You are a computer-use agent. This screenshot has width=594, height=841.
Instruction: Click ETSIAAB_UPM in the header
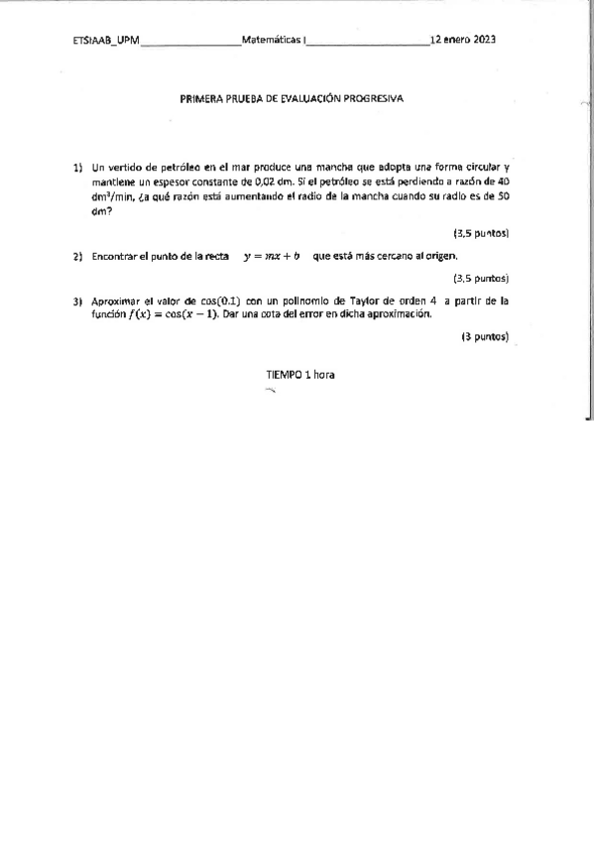coord(106,41)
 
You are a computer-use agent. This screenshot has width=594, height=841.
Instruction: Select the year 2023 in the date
coord(485,41)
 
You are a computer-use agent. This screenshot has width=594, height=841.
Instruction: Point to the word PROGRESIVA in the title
coord(373,99)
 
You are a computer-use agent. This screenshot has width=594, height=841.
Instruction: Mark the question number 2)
coord(76,257)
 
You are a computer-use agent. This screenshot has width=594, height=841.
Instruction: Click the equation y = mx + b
coord(272,256)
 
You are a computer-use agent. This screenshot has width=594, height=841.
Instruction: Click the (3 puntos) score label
coord(485,336)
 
